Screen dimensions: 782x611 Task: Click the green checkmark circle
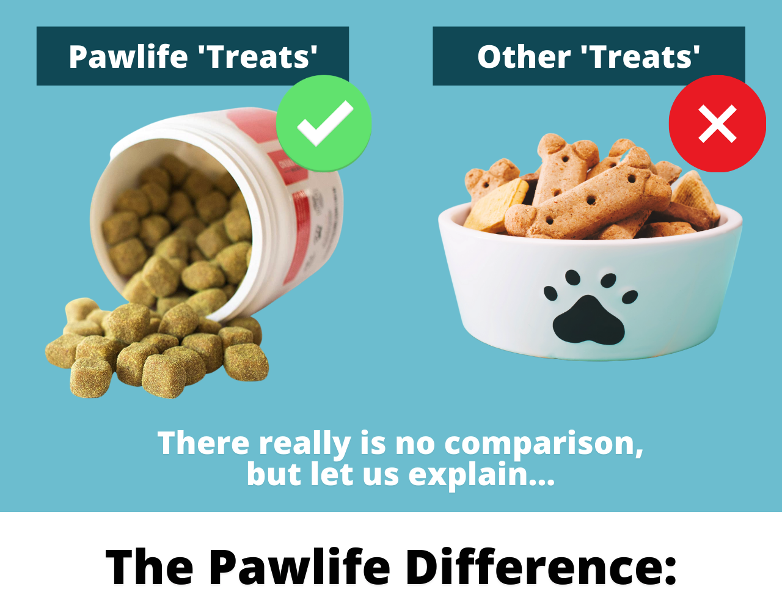[324, 123]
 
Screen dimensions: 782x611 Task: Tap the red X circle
[717, 123]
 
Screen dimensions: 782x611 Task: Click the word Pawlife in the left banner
[128, 57]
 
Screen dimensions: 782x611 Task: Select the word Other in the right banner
[524, 56]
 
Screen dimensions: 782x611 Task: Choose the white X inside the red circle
[717, 123]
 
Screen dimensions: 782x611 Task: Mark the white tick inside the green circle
[325, 123]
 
